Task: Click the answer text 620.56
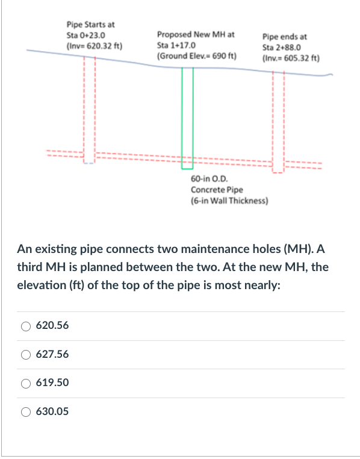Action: tap(52, 326)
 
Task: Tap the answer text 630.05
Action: tap(52, 412)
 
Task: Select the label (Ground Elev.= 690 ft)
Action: tap(196, 55)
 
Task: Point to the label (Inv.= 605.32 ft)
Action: tap(291, 58)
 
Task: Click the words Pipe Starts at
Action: tap(90, 25)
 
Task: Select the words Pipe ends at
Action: tap(285, 37)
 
